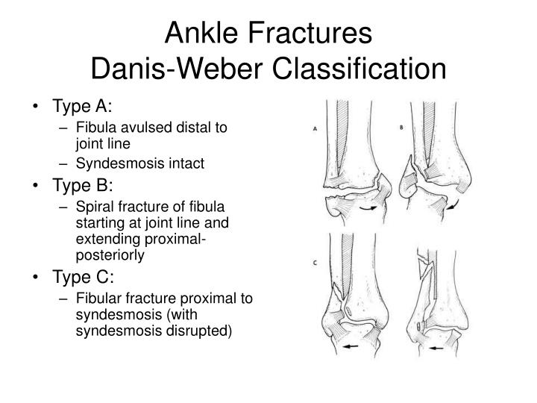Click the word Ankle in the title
(201, 33)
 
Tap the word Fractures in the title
(310, 33)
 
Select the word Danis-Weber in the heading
(177, 69)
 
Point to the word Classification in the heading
(359, 69)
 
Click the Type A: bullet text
(82, 106)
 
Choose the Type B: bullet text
(83, 185)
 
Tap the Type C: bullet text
(83, 277)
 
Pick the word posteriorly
(110, 256)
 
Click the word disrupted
(198, 331)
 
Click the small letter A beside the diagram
(315, 129)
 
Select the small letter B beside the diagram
(401, 128)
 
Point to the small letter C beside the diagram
(315, 263)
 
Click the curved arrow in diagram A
(368, 208)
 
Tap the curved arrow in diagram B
(453, 204)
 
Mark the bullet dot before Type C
(36, 277)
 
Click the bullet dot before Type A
(36, 106)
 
